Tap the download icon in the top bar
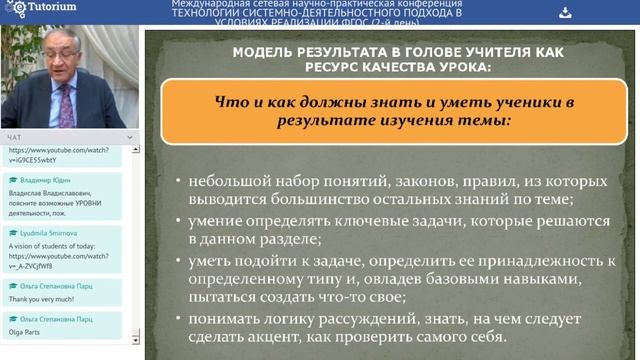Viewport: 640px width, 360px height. (x=565, y=13)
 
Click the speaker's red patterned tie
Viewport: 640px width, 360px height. (x=67, y=104)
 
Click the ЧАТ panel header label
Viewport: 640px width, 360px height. (x=13, y=137)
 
